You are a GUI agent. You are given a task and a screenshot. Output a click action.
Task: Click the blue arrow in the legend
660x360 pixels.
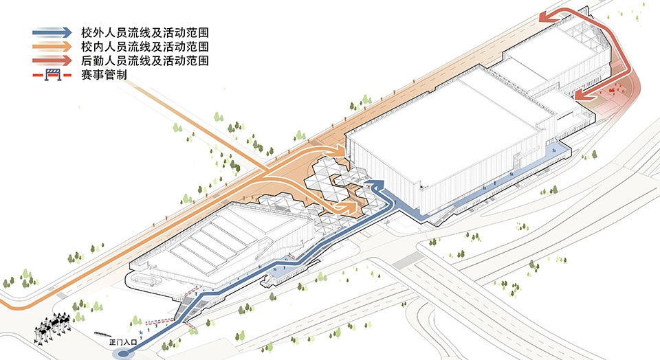coord(52,32)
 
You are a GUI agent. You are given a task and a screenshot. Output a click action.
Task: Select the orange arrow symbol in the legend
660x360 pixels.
coord(52,46)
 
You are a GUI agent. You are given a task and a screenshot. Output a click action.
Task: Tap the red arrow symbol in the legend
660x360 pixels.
coord(52,60)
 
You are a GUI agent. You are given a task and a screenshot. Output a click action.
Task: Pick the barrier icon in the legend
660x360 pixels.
coord(53,75)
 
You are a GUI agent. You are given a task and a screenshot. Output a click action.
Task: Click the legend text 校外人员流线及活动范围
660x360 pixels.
coord(145,32)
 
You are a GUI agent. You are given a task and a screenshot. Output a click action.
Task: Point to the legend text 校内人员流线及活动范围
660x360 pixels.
coord(145,46)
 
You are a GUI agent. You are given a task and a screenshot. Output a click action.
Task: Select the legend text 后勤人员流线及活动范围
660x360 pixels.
coord(145,60)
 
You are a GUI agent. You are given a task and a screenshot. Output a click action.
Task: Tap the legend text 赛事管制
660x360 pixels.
coord(104,75)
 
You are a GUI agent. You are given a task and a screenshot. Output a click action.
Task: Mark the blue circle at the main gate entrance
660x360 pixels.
coord(123,354)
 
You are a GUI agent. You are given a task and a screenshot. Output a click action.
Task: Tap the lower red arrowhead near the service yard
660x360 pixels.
coord(583,95)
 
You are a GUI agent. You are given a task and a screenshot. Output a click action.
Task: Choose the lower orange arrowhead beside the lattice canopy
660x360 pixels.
coord(347,207)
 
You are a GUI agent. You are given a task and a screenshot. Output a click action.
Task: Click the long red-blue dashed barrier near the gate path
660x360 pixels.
coord(159,323)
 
